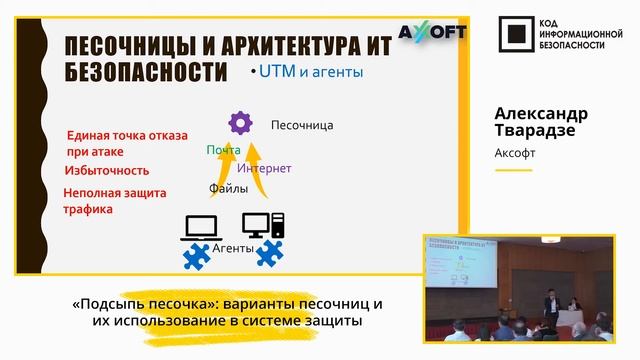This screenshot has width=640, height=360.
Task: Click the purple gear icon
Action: (240, 123)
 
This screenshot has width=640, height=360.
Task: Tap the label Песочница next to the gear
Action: (301, 125)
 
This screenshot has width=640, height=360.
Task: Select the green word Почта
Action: (224, 150)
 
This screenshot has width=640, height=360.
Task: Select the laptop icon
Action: (196, 228)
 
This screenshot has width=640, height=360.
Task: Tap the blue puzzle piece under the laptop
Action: (199, 254)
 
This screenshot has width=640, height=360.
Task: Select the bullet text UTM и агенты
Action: (309, 72)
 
